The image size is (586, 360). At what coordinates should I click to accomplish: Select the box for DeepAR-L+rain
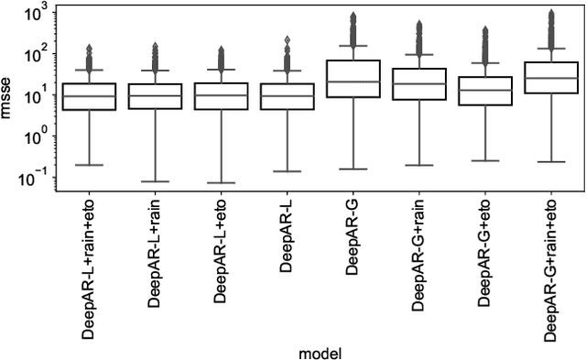point(155,96)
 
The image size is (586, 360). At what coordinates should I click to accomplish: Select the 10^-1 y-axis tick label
point(35,179)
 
